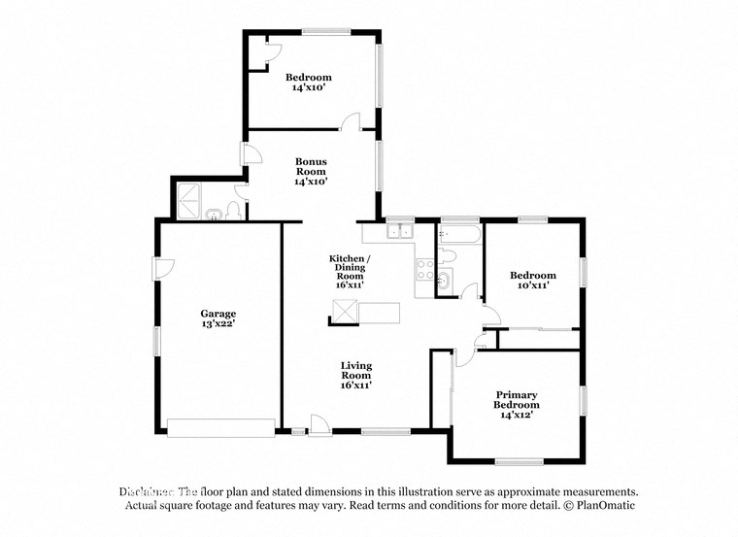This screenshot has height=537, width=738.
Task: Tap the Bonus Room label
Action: click(x=311, y=171)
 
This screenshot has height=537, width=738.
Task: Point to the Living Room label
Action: click(x=356, y=375)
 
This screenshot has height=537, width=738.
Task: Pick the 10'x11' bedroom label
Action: click(x=532, y=281)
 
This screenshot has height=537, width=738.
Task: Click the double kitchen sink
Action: click(x=399, y=231)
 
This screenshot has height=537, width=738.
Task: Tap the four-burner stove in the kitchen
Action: click(x=424, y=270)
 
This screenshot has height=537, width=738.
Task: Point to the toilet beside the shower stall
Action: click(x=233, y=211)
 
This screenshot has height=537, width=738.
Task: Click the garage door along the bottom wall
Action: click(x=221, y=427)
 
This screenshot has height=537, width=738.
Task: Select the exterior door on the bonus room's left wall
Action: click(x=247, y=155)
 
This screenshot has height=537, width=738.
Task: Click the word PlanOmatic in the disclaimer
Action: click(x=606, y=506)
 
